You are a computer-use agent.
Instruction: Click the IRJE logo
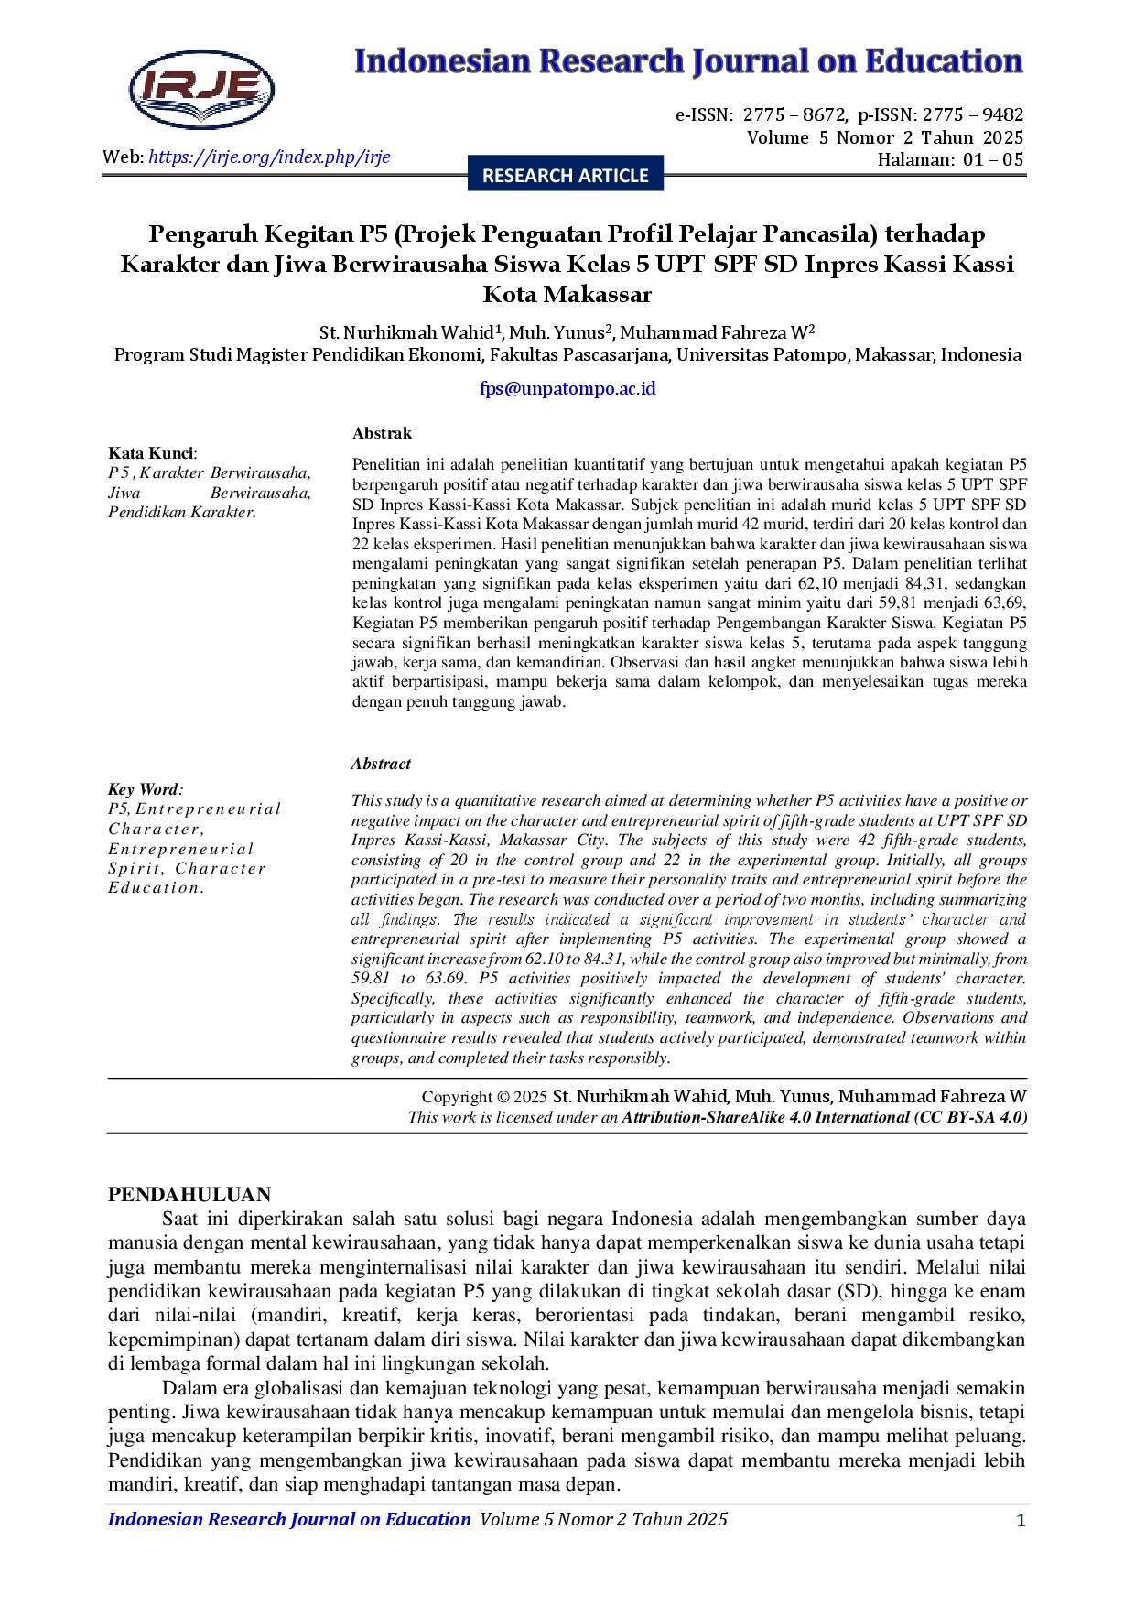[x=201, y=89]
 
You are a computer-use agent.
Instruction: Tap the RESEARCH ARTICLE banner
[x=565, y=175]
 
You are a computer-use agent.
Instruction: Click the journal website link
[x=269, y=157]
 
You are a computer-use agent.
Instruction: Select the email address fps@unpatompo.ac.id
[x=567, y=388]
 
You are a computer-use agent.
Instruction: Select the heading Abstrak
[x=382, y=433]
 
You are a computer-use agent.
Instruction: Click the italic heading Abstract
[x=381, y=764]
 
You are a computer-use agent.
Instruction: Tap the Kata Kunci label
[x=151, y=453]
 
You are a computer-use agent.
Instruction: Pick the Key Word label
[x=144, y=789]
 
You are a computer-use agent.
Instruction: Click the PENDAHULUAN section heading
[x=189, y=1194]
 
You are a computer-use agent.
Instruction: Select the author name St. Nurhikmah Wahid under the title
[x=406, y=332]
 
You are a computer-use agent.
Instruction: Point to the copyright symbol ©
[x=503, y=1097]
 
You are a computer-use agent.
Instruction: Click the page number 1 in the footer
[x=1021, y=1521]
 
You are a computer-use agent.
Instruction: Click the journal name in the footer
[x=289, y=1519]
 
